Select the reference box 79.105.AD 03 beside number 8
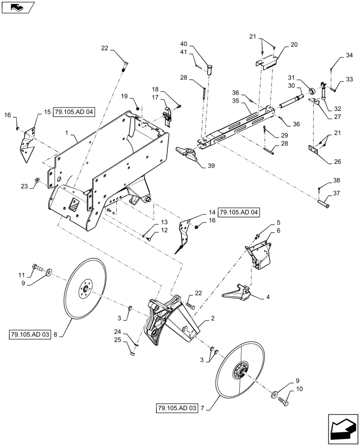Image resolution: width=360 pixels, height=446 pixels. click(29, 334)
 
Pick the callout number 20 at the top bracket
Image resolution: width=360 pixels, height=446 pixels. click(294, 45)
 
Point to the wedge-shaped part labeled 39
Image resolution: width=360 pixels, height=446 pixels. click(188, 154)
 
